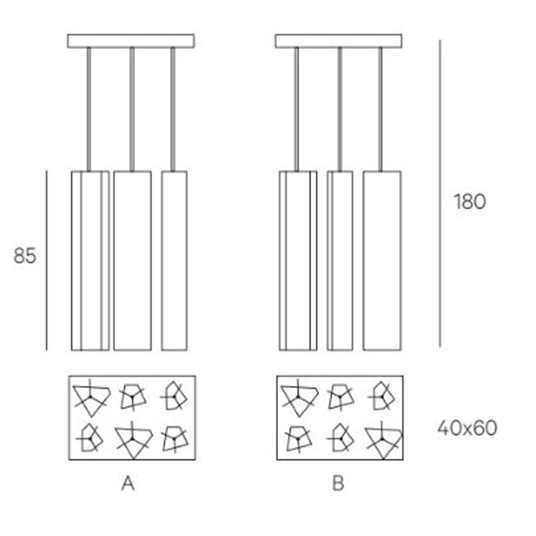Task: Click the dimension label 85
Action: tap(25, 256)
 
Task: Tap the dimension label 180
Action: tap(470, 202)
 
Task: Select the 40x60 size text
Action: tap(467, 428)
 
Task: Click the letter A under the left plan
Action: tap(128, 483)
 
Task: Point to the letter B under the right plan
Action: tap(338, 483)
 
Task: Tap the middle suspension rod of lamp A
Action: tap(132, 109)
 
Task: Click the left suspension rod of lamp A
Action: tap(89, 109)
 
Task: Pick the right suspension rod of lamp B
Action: tap(380, 109)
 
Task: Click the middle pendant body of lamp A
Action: tap(132, 260)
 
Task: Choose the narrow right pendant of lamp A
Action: tap(174, 260)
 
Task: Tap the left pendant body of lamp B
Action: tap(298, 260)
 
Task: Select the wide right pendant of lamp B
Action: tap(382, 260)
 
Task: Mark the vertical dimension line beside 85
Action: tap(47, 260)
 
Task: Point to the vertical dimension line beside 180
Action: tap(440, 194)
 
